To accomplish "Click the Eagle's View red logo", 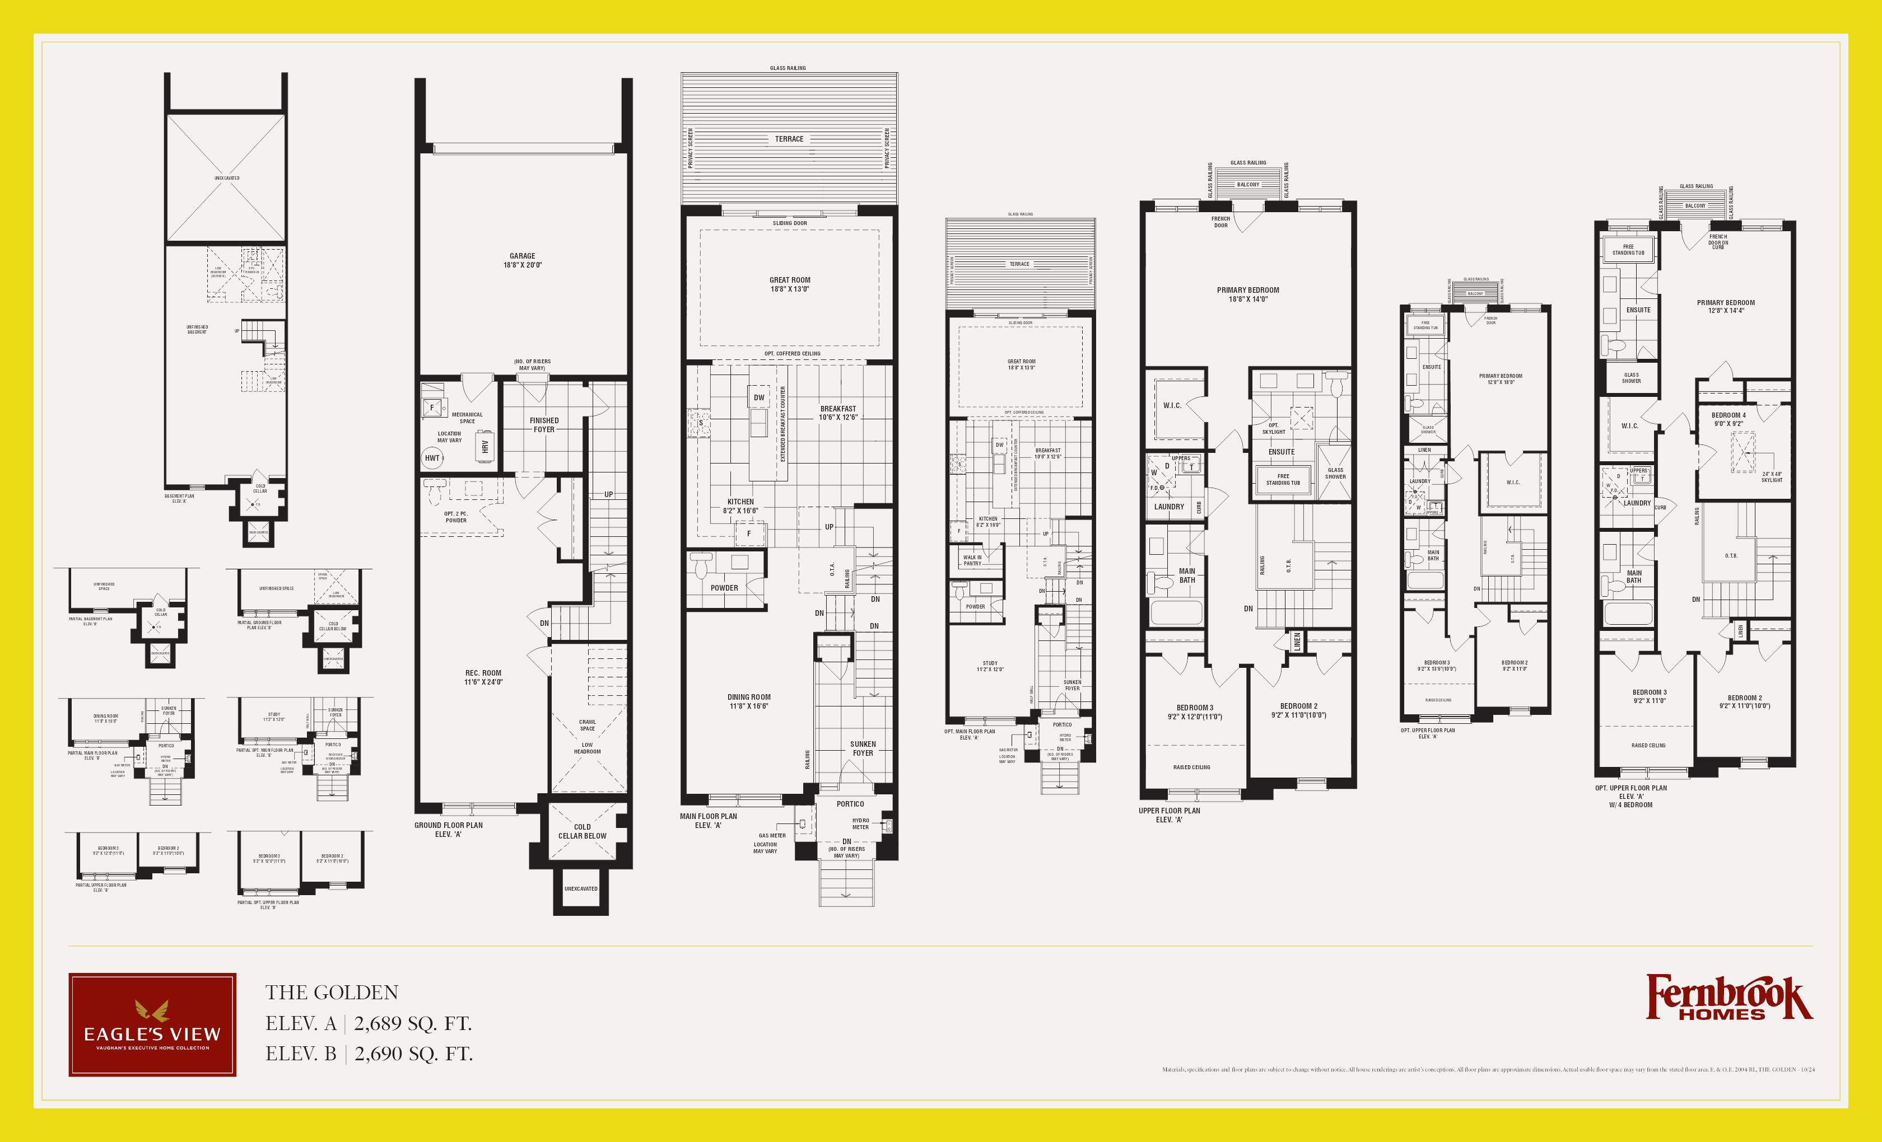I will [x=152, y=1024].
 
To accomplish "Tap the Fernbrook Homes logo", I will [x=1729, y=998].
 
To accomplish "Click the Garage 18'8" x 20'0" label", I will [x=523, y=261].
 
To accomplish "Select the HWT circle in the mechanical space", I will [x=432, y=458].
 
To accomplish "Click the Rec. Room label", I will [x=483, y=678].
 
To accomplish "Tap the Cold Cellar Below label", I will [x=582, y=831].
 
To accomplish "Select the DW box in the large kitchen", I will [x=758, y=397].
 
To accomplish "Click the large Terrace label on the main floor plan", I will [x=789, y=139].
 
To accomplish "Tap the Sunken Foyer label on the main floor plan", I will [x=863, y=748].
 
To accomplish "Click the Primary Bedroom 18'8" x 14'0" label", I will [x=1248, y=294].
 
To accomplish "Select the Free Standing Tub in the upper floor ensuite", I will [x=1283, y=479].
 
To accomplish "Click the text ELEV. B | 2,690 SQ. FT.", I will [x=369, y=1054].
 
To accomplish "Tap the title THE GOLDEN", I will [x=332, y=993].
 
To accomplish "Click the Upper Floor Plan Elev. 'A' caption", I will [x=1170, y=815].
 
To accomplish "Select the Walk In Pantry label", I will [x=972, y=560].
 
